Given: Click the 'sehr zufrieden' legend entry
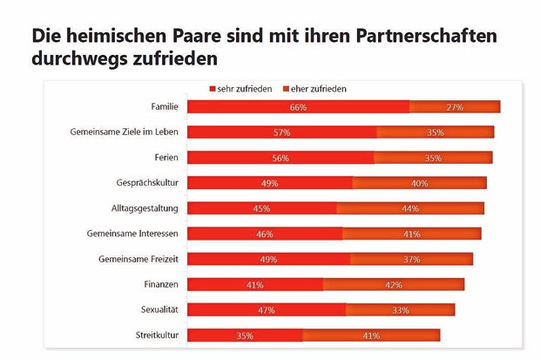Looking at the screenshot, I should click(240, 89).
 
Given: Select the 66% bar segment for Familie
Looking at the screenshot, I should click(299, 107).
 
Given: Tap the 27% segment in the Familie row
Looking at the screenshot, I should click(455, 107).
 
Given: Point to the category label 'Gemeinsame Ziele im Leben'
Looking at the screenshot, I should click(125, 132).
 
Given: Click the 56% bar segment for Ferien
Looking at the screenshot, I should click(281, 158).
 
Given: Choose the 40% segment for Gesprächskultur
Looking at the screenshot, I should click(419, 183).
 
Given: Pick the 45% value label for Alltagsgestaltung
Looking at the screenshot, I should click(261, 208).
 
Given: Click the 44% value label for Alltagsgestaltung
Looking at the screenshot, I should click(410, 208).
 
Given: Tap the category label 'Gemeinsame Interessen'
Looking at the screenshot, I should click(132, 234).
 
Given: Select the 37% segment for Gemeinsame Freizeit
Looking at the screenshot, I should click(411, 259).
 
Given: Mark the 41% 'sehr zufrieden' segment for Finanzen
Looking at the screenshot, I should click(255, 284).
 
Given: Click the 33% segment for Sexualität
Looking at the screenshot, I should click(400, 309).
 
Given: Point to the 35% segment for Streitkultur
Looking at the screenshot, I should click(246, 335).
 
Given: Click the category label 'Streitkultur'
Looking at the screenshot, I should click(157, 335).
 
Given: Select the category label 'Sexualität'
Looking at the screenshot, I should click(159, 309).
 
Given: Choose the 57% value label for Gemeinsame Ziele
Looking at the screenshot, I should click(282, 132).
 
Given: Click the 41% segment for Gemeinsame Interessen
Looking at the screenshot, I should click(411, 234).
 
